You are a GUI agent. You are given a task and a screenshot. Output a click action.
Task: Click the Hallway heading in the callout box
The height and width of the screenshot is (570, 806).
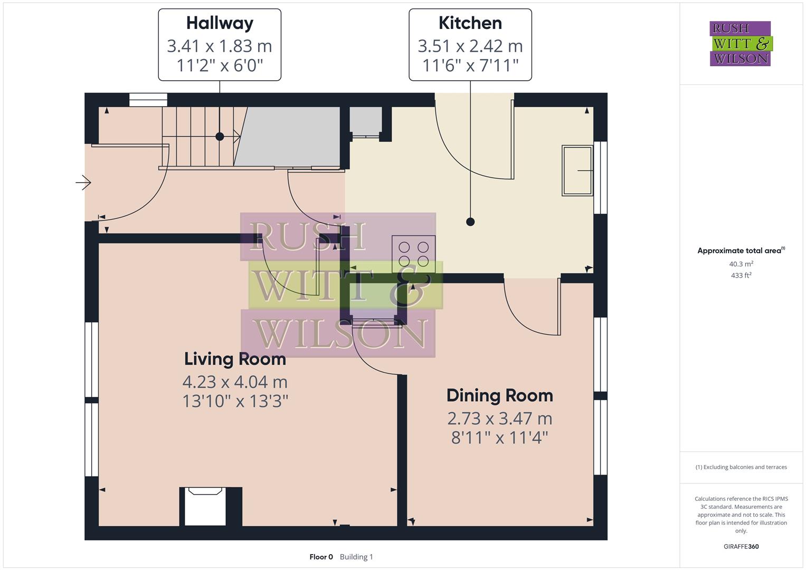pyautogui.click(x=220, y=23)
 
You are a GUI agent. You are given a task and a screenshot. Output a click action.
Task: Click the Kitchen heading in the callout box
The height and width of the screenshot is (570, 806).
pyautogui.click(x=470, y=23)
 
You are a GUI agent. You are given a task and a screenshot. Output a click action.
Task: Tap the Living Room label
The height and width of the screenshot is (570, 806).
pyautogui.click(x=235, y=359)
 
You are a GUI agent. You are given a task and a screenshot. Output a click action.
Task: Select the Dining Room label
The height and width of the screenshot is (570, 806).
pyautogui.click(x=499, y=395)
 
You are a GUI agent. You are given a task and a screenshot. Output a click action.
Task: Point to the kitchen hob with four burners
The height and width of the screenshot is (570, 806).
pyautogui.click(x=413, y=254)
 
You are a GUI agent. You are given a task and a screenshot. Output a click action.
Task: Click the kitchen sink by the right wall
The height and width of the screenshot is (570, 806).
pyautogui.click(x=577, y=170)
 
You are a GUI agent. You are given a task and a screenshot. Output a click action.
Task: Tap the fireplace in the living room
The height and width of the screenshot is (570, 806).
pyautogui.click(x=205, y=506)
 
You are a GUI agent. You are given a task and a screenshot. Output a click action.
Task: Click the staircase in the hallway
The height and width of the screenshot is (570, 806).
pyautogui.click(x=198, y=137)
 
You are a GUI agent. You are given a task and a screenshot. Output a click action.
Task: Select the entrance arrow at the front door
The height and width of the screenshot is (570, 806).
pyautogui.click(x=83, y=183)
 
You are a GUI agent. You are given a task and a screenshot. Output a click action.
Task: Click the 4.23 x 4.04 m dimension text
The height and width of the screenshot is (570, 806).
pyautogui.click(x=235, y=382)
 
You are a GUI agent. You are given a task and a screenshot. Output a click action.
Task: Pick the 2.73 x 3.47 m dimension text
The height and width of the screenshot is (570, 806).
pyautogui.click(x=499, y=418)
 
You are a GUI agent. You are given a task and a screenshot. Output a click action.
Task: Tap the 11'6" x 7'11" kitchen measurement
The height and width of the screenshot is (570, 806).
pyautogui.click(x=470, y=65)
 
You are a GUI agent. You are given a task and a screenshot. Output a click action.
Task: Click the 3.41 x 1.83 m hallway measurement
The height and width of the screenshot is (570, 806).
pyautogui.click(x=220, y=46)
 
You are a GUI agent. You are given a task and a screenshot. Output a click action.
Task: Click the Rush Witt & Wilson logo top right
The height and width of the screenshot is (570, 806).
pyautogui.click(x=740, y=43)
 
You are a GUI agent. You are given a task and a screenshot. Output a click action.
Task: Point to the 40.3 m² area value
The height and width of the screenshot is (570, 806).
pyautogui.click(x=741, y=264)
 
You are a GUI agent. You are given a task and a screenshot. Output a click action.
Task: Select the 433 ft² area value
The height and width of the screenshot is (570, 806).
pyautogui.click(x=741, y=275)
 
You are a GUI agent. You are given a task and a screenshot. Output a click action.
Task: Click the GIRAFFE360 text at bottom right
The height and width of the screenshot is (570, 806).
pyautogui.click(x=741, y=546)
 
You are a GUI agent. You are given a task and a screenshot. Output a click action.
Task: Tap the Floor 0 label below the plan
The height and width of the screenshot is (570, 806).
pyautogui.click(x=321, y=557)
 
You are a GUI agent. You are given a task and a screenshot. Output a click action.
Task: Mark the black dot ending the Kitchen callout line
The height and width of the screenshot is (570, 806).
pyautogui.click(x=470, y=222)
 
